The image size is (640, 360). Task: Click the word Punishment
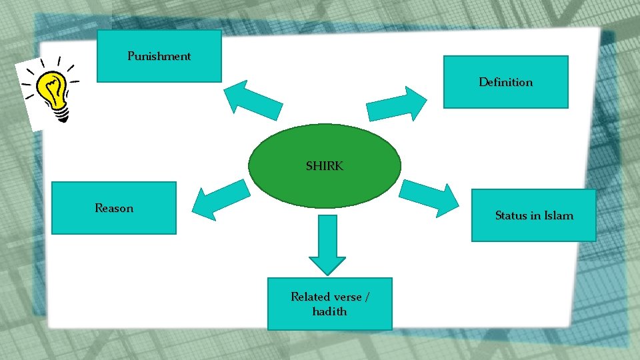[159, 56]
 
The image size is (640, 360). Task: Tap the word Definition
[505, 83]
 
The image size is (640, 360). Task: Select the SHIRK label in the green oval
[325, 166]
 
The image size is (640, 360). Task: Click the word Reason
[114, 208]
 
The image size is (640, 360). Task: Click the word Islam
[559, 215]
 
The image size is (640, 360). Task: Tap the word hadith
[329, 311]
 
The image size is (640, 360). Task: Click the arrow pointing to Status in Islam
[431, 197]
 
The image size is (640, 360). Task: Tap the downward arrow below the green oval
[328, 245]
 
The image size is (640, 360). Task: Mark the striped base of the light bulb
[61, 115]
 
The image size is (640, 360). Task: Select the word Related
[309, 297]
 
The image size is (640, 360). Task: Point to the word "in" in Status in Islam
[536, 215]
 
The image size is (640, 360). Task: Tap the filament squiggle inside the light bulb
[51, 86]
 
